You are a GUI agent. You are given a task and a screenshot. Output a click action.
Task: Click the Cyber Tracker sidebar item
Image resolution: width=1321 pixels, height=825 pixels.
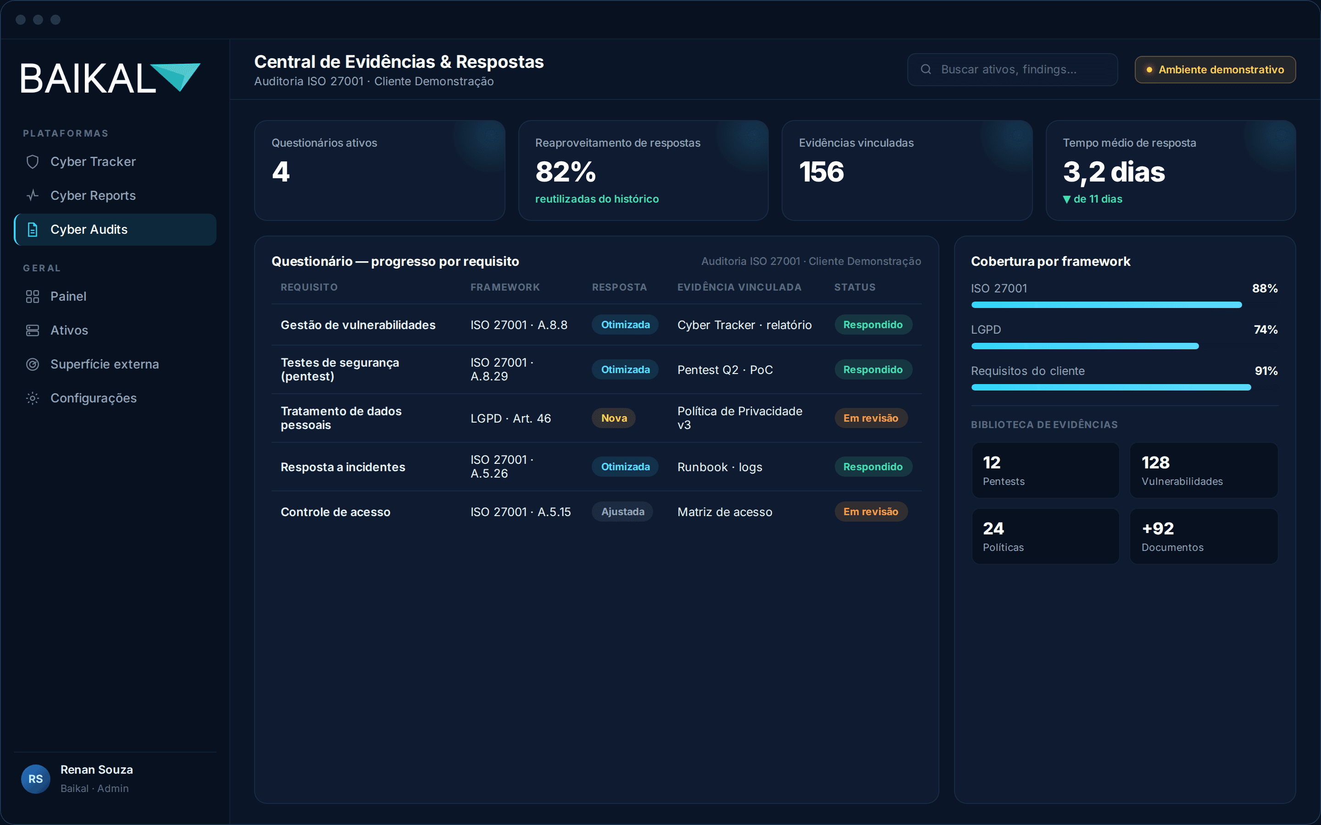tap(93, 161)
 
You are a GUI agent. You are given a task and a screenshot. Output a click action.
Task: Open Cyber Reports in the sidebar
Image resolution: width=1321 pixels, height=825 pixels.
tap(93, 195)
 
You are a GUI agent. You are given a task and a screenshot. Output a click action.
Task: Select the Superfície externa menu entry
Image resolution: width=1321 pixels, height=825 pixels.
tap(104, 364)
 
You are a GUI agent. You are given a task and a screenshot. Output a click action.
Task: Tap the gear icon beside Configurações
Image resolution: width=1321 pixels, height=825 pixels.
tap(33, 398)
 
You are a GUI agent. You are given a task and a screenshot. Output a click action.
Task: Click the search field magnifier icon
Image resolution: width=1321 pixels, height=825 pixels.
tap(926, 69)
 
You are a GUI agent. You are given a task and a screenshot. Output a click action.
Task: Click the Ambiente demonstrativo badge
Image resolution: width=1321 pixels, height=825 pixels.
tap(1215, 69)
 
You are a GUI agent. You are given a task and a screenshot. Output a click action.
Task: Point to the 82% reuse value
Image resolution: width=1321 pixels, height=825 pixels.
tap(566, 172)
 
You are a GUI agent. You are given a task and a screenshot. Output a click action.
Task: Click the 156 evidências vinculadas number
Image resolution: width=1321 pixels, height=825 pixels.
tap(821, 172)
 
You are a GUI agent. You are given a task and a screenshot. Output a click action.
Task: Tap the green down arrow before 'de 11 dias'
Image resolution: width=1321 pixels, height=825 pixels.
tap(1066, 200)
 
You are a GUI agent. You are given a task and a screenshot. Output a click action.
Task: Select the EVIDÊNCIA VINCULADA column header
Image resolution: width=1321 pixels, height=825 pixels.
tap(739, 287)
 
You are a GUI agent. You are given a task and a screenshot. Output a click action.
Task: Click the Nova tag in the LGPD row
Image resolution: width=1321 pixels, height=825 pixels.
tap(614, 418)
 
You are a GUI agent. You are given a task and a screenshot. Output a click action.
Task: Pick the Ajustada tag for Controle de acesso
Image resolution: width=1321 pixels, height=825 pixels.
tap(623, 512)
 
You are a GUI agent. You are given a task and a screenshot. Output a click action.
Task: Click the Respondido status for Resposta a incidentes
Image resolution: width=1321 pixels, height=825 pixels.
tap(873, 467)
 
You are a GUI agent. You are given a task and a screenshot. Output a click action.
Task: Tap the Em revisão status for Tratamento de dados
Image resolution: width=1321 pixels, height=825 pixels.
tap(871, 418)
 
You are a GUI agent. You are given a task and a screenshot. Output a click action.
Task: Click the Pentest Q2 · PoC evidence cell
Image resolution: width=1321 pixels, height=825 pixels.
tap(725, 370)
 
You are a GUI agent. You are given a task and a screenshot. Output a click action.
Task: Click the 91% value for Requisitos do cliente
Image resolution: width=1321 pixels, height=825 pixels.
tap(1266, 371)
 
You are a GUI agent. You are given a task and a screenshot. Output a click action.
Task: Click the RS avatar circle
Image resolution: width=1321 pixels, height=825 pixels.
tap(35, 779)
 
